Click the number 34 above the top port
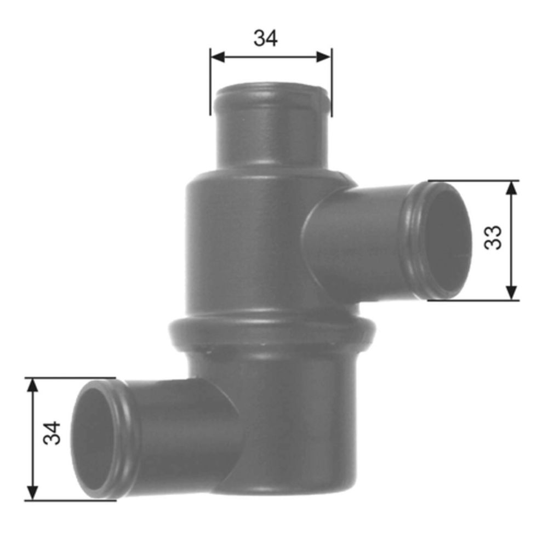[266, 38]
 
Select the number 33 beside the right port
[494, 237]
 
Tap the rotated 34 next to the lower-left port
[53, 432]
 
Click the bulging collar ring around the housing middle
[272, 332]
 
